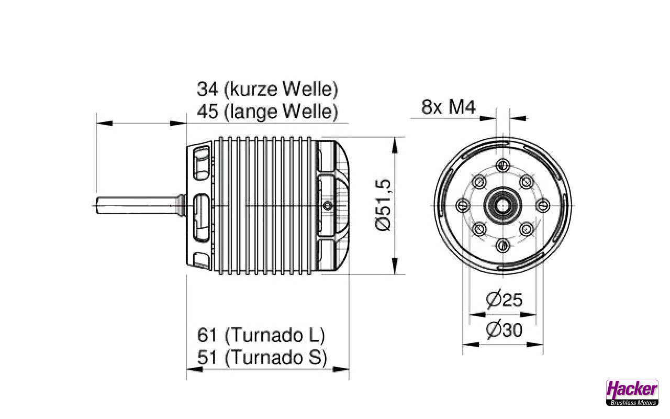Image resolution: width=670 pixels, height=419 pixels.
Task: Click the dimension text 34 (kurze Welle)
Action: (267, 89)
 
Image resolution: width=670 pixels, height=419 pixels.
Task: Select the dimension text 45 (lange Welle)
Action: (267, 112)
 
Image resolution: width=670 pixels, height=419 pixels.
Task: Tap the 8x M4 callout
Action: (448, 107)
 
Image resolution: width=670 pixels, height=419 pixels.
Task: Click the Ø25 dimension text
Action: (504, 300)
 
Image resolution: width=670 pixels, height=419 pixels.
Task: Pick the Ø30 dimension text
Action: (504, 330)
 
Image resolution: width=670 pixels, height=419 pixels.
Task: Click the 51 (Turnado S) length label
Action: (262, 358)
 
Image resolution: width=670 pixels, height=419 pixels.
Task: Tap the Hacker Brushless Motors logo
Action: (632, 392)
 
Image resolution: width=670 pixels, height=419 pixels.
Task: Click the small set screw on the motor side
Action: (328, 205)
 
